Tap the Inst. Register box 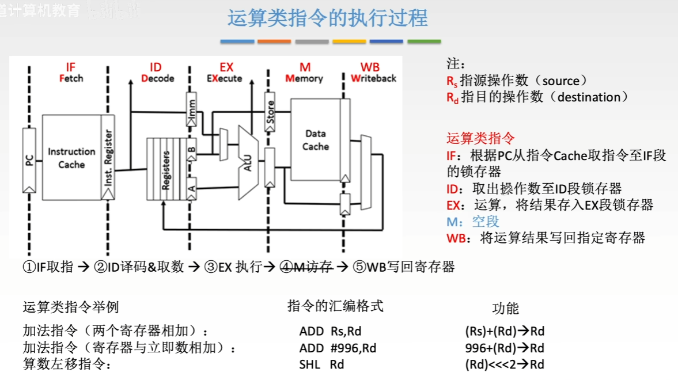tap(108, 157)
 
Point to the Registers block tap(166, 169)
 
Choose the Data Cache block tap(315, 140)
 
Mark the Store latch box tap(269, 112)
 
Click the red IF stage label tap(71, 67)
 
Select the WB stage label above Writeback tap(370, 67)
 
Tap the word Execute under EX tap(225, 78)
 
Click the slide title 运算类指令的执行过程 tap(327, 18)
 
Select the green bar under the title tap(423, 41)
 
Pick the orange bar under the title tap(274, 41)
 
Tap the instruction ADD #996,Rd tap(337, 348)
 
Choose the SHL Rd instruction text tap(321, 364)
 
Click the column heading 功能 tap(505, 309)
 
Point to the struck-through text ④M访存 tap(306, 267)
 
